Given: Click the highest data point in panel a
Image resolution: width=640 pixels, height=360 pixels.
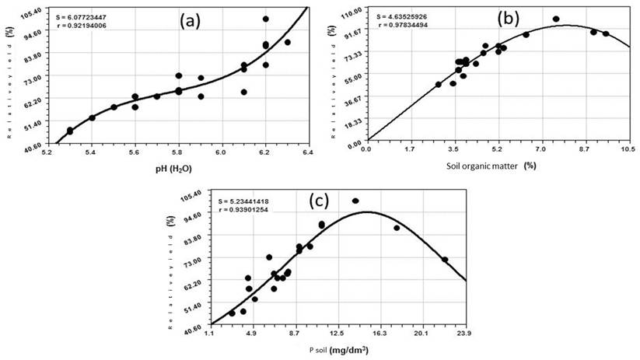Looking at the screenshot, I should [266, 19].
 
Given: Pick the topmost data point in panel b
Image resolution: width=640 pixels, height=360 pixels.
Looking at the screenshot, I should [556, 19].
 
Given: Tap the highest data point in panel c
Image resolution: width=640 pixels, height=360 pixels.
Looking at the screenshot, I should [355, 201].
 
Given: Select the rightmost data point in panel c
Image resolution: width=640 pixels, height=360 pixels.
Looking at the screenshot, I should [445, 260].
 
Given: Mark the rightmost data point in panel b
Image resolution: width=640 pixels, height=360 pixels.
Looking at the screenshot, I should [606, 33].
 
